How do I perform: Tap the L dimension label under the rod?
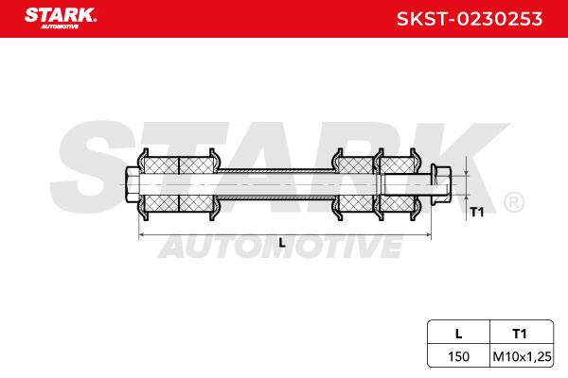click(x=282, y=243)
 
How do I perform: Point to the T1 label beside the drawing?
click(x=478, y=212)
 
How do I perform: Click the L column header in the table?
click(x=458, y=333)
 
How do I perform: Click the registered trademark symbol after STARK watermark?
click(x=512, y=202)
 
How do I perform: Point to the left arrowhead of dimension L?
click(x=143, y=232)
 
